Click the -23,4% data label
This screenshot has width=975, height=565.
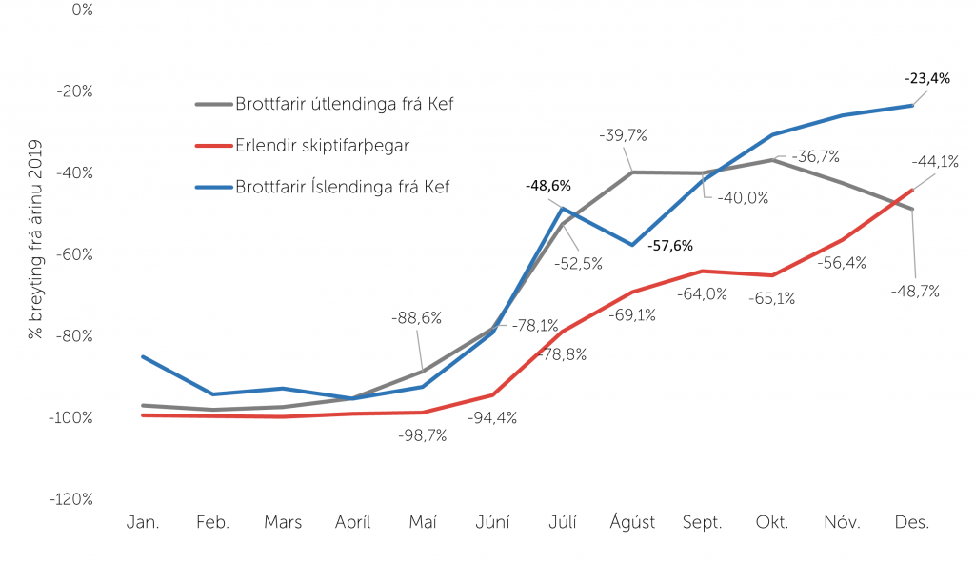(927, 79)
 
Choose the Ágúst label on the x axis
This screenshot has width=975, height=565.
(632, 523)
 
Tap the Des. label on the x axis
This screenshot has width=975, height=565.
(913, 523)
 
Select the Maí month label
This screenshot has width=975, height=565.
(423, 523)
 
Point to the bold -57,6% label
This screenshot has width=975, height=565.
(670, 246)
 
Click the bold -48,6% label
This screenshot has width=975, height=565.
(548, 185)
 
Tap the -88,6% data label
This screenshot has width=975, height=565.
(416, 318)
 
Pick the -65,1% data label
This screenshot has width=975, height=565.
(772, 298)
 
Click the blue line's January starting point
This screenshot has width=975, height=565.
(143, 357)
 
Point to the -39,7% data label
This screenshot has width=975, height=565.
(624, 136)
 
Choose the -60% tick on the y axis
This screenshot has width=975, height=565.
(73, 254)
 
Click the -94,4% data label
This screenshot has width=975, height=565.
(492, 417)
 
